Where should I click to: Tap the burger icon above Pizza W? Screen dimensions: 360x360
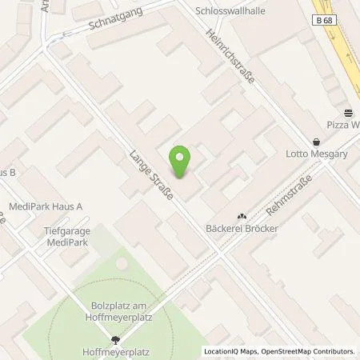(348, 113)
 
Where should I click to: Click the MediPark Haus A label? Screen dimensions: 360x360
(46, 206)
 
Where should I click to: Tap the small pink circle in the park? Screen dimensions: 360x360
(122, 262)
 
